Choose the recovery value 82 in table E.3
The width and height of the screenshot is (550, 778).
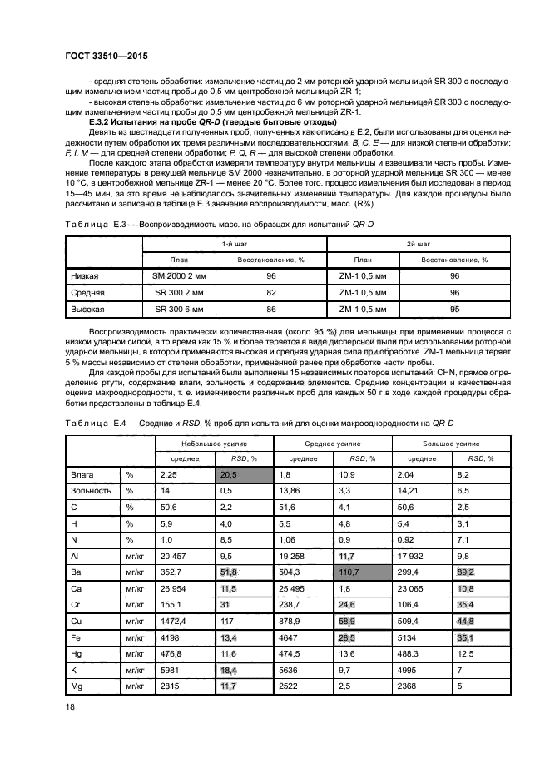tap(270, 292)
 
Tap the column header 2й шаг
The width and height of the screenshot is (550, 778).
tap(418, 244)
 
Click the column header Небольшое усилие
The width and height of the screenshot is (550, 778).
tap(214, 444)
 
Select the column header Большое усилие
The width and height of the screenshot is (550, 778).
tap(453, 444)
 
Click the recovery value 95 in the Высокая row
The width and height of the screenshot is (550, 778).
tap(454, 309)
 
